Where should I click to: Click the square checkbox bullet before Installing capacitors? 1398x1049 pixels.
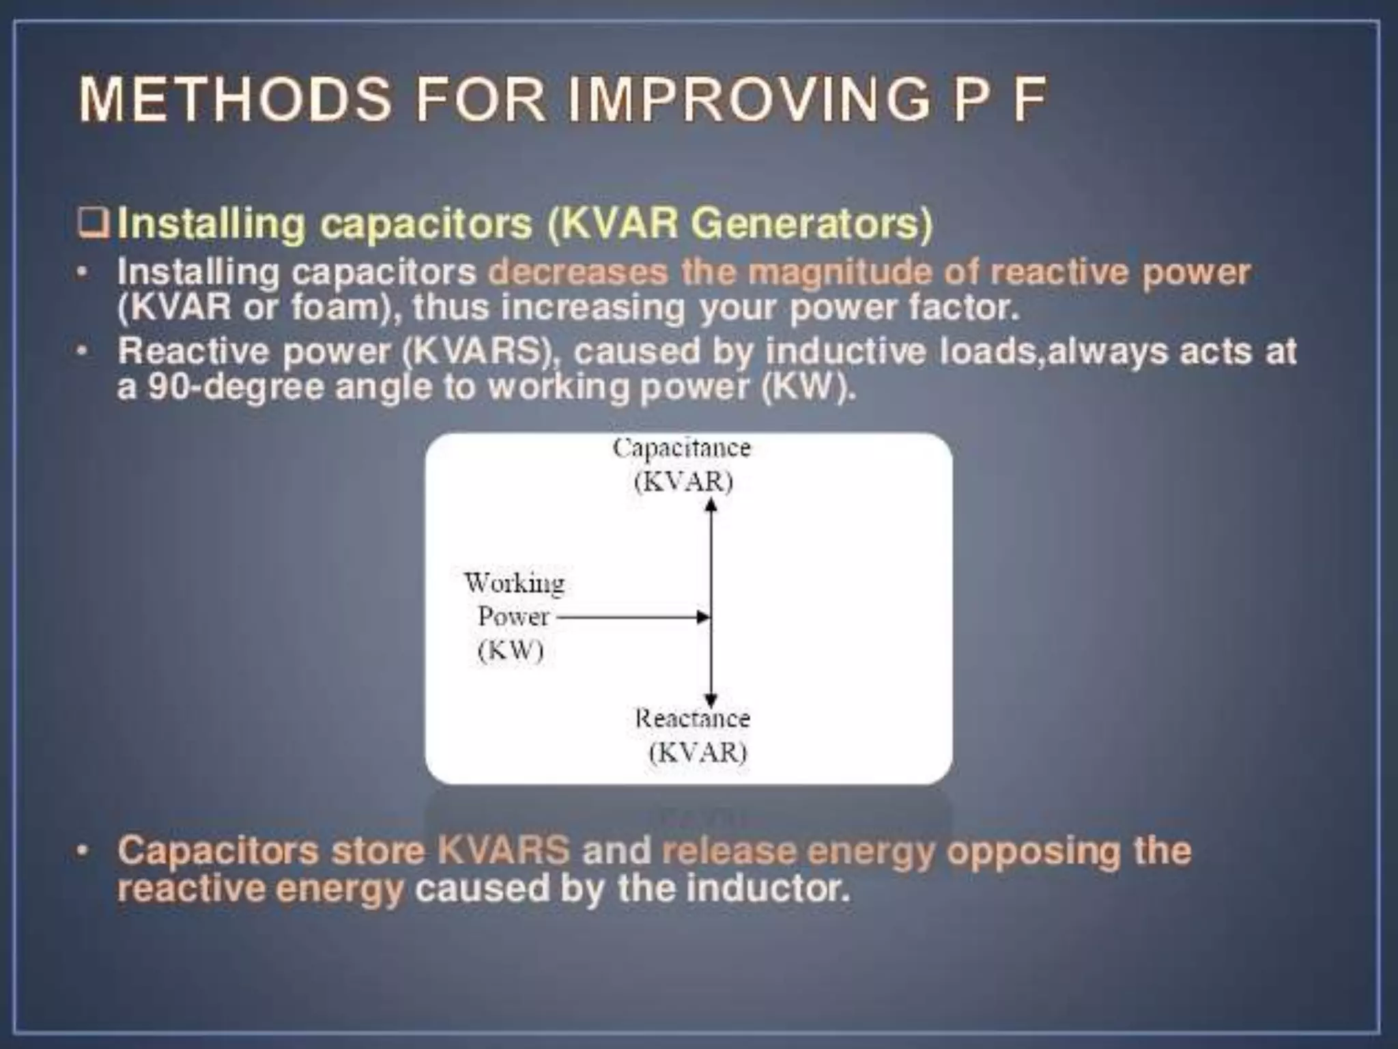(94, 224)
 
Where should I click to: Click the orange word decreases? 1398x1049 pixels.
(577, 272)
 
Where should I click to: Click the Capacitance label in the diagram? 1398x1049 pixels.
(681, 448)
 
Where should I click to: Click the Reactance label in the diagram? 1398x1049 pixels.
(692, 718)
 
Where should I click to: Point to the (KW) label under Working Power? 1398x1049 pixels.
(511, 650)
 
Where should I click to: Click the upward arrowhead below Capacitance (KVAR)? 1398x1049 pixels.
(711, 505)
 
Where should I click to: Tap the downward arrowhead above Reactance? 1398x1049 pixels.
(711, 700)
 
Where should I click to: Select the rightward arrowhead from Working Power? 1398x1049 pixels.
(702, 617)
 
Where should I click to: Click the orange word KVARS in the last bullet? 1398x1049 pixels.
(503, 851)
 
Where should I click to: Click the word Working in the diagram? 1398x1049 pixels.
(514, 583)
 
